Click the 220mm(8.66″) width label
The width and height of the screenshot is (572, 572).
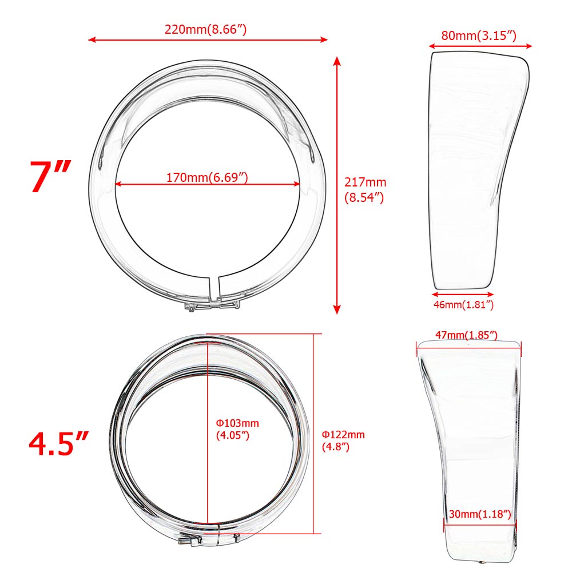pos(205,29)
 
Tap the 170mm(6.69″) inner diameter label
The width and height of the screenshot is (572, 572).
pos(207,177)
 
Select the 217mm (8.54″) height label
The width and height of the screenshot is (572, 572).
pos(365,189)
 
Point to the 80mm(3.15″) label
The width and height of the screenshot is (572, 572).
pos(479,35)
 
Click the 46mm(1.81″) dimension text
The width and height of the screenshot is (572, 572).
pos(463,305)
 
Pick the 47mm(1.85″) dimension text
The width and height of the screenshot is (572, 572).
pos(466,335)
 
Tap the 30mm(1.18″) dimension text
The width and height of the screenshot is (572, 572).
pos(480,514)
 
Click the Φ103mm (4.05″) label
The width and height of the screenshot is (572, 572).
pos(237,429)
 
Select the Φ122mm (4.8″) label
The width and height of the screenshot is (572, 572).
pos(343,440)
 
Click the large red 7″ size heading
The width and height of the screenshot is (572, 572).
pos(50,177)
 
